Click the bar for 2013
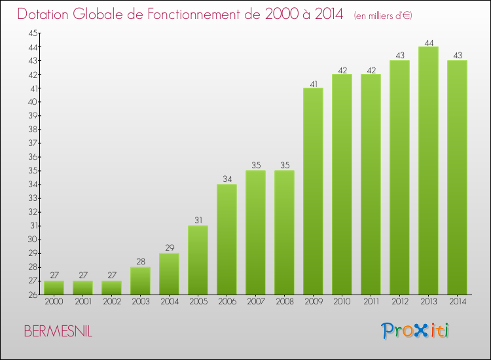coord(428,170)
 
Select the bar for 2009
coord(313,191)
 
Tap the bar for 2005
coord(198,260)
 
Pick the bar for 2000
coord(54,287)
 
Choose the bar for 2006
coord(227,239)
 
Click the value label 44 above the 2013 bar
coord(428,43)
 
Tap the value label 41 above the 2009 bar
coord(313,84)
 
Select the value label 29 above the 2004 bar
coord(169,249)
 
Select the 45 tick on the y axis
coord(32,33)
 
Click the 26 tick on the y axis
coord(32,295)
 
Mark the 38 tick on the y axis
coord(32,129)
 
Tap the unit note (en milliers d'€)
coord(382,16)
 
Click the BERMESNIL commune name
coord(58,331)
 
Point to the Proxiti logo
coord(416,331)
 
